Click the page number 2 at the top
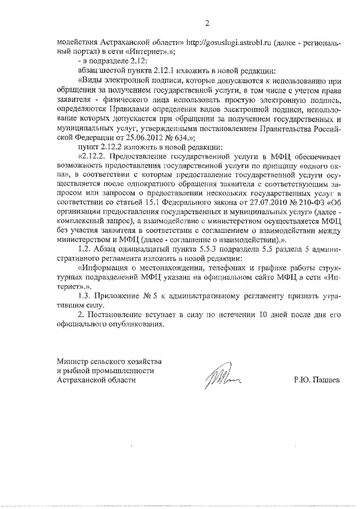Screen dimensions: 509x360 pyautogui.click(x=206, y=23)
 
